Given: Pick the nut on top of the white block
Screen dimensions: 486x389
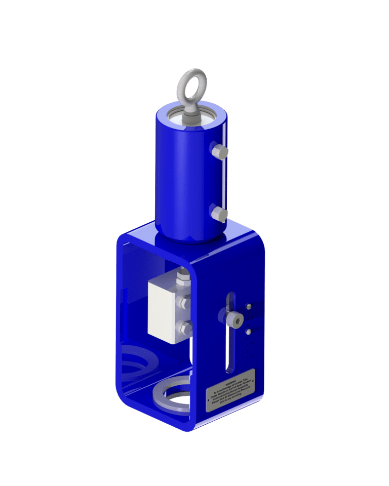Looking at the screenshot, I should [x=181, y=279].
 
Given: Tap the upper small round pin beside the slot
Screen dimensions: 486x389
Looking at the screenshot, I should [x=249, y=306].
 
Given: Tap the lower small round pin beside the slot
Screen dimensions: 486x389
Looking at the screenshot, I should [x=249, y=332].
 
